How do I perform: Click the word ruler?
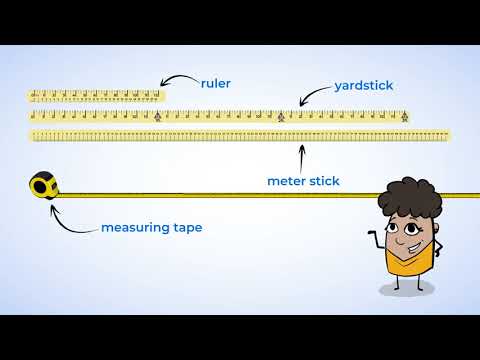pos(216,84)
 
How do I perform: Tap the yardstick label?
pos(362,86)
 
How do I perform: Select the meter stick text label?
pos(303,181)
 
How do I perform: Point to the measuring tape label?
pos(151,228)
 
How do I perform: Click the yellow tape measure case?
pos(42,185)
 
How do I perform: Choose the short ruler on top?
pos(96,96)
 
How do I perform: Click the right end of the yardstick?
pos(406,116)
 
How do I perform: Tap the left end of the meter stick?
pos(35,135)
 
